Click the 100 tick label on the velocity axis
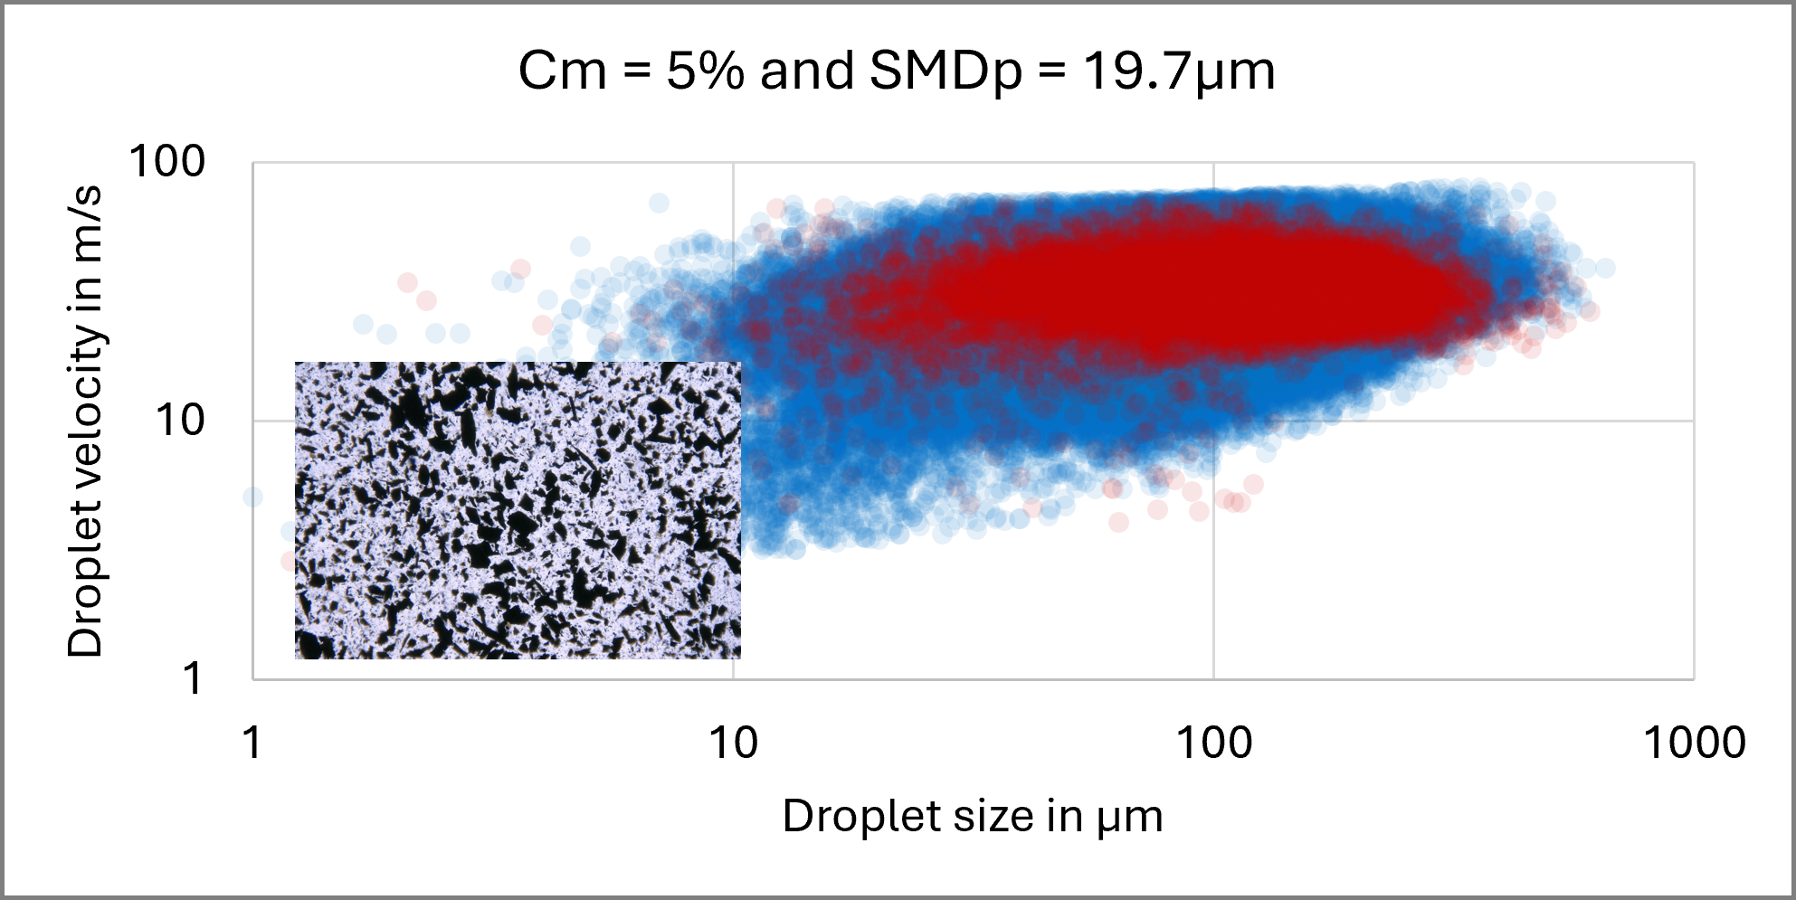(x=168, y=163)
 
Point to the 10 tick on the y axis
(x=181, y=421)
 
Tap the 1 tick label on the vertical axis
(x=193, y=678)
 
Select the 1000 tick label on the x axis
(x=1694, y=744)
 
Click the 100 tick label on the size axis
(x=1213, y=744)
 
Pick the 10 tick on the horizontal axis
(x=733, y=744)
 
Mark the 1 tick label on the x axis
(x=252, y=744)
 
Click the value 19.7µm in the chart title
(x=1178, y=71)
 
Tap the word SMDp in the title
(x=945, y=71)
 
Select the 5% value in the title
(x=705, y=71)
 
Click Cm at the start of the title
(x=562, y=71)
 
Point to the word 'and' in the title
(x=806, y=71)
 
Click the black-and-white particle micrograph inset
(x=518, y=510)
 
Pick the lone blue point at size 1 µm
(x=252, y=497)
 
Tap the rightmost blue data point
(x=1605, y=268)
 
